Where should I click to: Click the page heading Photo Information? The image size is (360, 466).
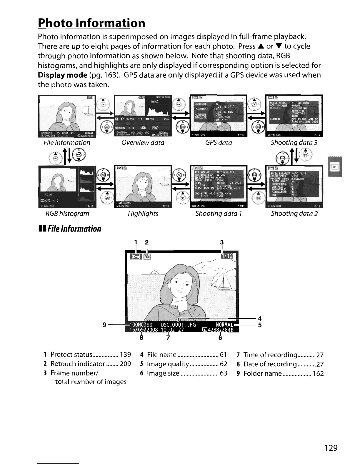[91, 23]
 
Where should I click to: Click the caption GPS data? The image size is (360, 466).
[219, 143]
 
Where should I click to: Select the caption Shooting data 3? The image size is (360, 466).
[294, 143]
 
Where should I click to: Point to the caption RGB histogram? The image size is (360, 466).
[67, 214]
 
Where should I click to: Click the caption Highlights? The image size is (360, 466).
[143, 214]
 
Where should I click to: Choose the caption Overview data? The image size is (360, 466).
[143, 143]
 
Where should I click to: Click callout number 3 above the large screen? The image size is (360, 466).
[222, 242]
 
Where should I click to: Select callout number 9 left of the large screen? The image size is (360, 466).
[104, 325]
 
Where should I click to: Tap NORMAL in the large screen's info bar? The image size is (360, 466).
[224, 325]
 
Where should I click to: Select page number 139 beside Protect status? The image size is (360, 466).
[125, 355]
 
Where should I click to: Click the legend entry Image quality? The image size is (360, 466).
[168, 364]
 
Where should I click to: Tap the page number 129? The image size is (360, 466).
[331, 448]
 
